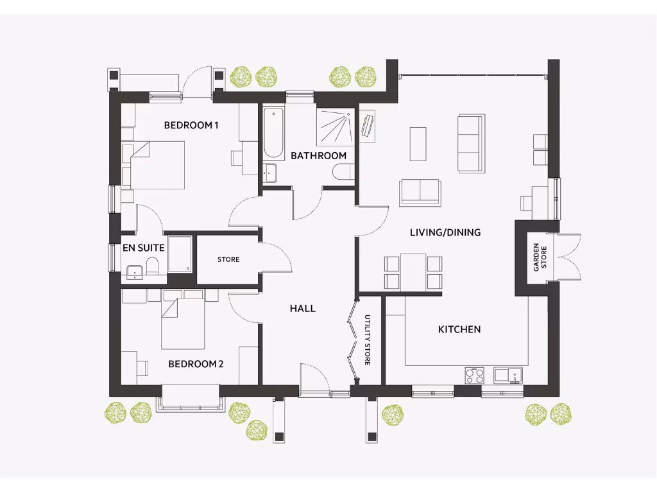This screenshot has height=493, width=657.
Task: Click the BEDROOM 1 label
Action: (x=191, y=125)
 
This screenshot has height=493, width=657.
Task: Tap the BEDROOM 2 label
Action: (x=196, y=364)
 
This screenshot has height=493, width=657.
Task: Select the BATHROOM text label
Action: (x=318, y=156)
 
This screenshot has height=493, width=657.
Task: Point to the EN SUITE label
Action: (x=144, y=248)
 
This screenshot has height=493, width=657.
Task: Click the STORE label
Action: (x=228, y=259)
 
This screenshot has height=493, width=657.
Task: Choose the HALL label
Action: (x=303, y=308)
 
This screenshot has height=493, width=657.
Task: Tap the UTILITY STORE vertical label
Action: (x=368, y=340)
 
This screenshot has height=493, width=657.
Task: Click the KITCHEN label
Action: (x=459, y=329)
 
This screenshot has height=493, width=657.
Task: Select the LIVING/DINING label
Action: (x=445, y=232)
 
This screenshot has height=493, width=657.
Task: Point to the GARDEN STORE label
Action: (x=540, y=257)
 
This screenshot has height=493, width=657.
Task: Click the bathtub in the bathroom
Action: (x=273, y=134)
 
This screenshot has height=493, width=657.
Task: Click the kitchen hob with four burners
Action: (x=474, y=374)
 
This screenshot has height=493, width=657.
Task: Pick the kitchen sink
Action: (x=508, y=374)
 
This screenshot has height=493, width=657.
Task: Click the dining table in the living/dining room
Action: (x=414, y=272)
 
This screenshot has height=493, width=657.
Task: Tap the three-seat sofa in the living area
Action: (x=470, y=144)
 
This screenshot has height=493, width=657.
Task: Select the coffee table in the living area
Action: (x=418, y=144)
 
